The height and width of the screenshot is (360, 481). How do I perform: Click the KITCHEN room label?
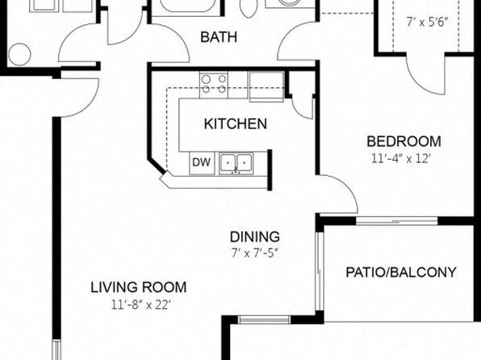point(236,123)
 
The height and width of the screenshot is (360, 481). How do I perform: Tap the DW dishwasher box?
point(202,162)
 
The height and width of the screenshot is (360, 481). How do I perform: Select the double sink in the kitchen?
point(236,163)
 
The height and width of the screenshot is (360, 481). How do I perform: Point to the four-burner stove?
point(214,85)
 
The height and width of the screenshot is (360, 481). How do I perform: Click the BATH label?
point(219,37)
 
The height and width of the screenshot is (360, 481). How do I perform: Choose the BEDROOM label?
point(404,141)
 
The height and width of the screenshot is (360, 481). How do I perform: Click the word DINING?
point(254,237)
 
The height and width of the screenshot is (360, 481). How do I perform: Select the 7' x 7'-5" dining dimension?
point(254,253)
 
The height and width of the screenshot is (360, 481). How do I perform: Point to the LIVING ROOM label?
point(138,287)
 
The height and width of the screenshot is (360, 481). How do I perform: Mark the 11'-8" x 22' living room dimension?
point(140,305)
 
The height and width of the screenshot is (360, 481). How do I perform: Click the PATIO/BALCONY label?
point(401,272)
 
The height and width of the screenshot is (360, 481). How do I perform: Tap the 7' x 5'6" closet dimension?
point(427,22)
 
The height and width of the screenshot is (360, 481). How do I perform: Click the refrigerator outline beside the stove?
point(266,86)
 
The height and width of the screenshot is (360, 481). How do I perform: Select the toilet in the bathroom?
point(249,8)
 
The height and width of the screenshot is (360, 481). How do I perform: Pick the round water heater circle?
point(20,54)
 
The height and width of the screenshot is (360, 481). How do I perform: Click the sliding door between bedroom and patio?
point(396,220)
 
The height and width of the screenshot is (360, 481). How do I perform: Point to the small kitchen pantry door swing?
point(302,106)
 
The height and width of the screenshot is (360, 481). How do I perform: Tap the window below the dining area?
point(264,320)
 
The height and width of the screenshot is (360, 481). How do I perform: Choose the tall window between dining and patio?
point(320,271)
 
